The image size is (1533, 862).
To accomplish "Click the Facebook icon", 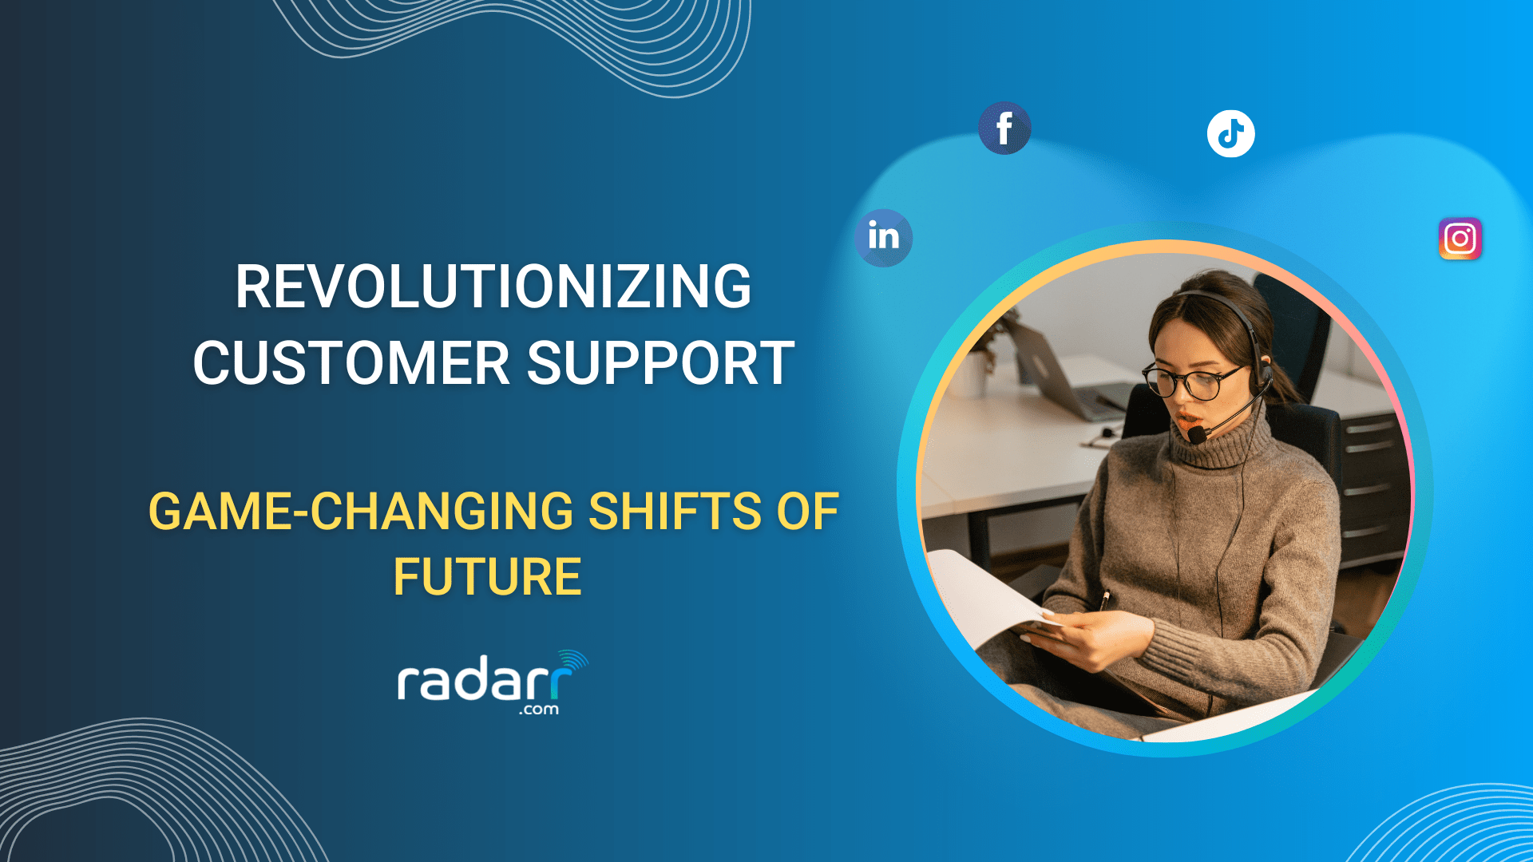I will [x=1004, y=129].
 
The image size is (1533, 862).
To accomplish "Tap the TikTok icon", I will [x=1230, y=133].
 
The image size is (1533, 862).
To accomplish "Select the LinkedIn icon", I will [x=883, y=237].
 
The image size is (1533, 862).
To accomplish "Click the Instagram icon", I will [x=1460, y=239].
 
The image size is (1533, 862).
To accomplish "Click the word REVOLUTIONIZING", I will [x=493, y=287].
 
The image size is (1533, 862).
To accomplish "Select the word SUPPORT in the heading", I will [x=660, y=363].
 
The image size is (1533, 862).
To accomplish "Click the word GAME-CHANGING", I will [x=360, y=511].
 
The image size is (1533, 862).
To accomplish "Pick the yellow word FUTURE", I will [x=487, y=576].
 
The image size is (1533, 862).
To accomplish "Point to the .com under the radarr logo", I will [x=539, y=710].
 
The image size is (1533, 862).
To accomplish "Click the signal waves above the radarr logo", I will [x=575, y=662].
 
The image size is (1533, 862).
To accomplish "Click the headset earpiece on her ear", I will [x=1266, y=371].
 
